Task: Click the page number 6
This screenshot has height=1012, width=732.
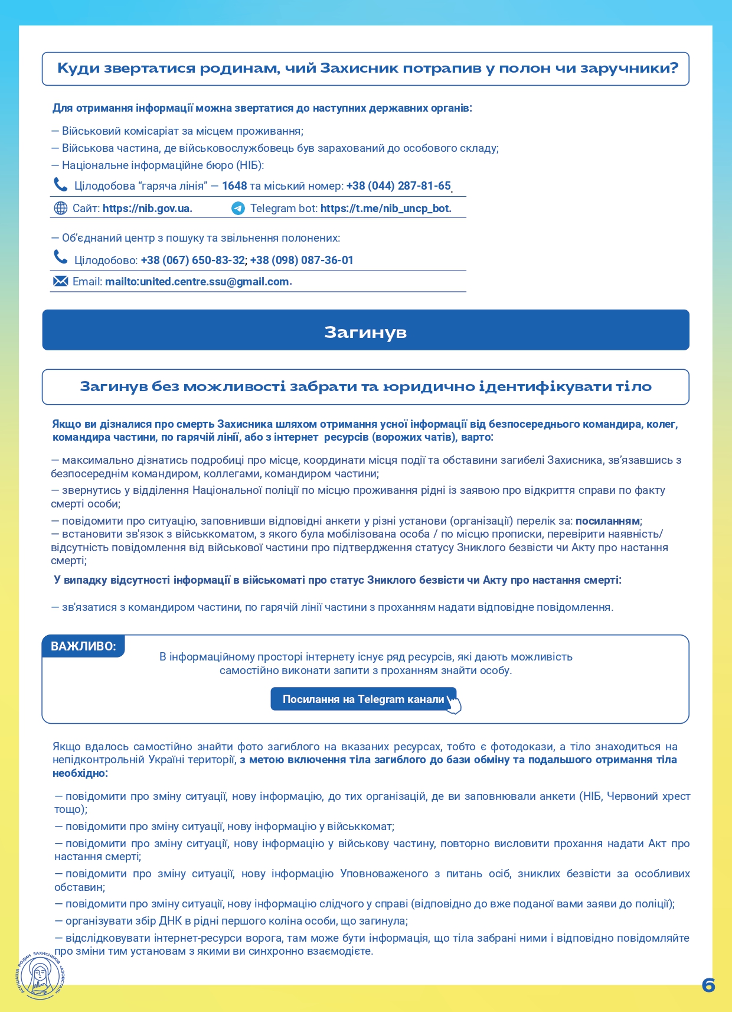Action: click(708, 985)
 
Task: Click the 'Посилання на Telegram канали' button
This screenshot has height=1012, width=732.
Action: click(363, 699)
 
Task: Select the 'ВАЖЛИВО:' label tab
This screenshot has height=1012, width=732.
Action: click(83, 646)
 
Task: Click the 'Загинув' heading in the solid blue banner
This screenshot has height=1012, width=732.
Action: click(365, 332)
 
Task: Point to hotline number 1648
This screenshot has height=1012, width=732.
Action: click(234, 186)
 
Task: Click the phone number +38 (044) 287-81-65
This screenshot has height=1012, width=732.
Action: click(398, 186)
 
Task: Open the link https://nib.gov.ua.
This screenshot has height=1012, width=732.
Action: click(147, 209)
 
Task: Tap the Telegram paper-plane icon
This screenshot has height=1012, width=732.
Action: click(238, 209)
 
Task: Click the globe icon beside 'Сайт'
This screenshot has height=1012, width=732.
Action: click(60, 209)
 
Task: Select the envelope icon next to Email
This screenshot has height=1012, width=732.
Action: click(60, 281)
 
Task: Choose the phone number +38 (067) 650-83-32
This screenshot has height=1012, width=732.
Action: click(192, 261)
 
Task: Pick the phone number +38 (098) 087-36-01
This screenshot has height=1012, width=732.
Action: click(302, 261)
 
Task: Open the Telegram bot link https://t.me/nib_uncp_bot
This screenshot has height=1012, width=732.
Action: click(385, 209)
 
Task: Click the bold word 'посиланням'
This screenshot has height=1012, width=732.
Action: click(607, 521)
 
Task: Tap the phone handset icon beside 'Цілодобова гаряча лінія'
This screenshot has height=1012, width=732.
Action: click(60, 185)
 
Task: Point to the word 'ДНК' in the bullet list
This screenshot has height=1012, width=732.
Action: click(171, 921)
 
